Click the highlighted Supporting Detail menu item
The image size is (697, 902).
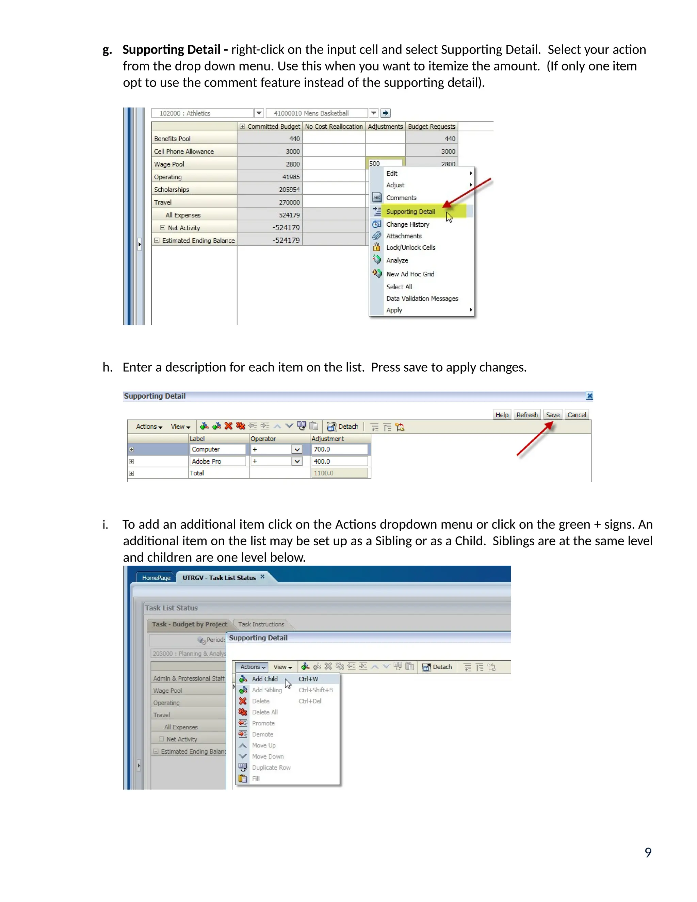pyautogui.click(x=410, y=211)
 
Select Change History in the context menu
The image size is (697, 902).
pyautogui.click(x=407, y=224)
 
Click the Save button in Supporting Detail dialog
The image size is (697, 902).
pyautogui.click(x=552, y=415)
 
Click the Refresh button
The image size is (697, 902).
pyautogui.click(x=527, y=415)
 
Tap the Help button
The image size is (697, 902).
pyautogui.click(x=502, y=415)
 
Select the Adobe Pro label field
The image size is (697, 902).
pyautogui.click(x=217, y=461)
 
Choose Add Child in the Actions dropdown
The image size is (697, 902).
pyautogui.click(x=265, y=679)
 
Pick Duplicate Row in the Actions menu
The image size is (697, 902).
pyautogui.click(x=271, y=767)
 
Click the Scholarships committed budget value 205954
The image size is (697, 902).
pyautogui.click(x=289, y=190)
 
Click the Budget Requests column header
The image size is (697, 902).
pyautogui.click(x=432, y=126)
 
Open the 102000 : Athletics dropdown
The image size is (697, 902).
pyautogui.click(x=259, y=113)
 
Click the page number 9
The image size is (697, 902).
pyautogui.click(x=648, y=852)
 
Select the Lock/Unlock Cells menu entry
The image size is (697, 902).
pyautogui.click(x=411, y=247)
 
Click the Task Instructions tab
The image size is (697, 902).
pyautogui.click(x=261, y=624)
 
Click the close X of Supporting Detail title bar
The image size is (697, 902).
pyautogui.click(x=589, y=396)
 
